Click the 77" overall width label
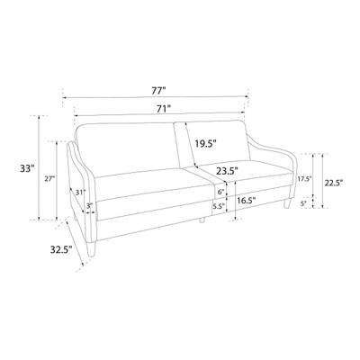[158, 91]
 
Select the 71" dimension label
[164, 109]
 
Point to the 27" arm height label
[49, 179]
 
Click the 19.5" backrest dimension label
[205, 143]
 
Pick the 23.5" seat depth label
[227, 171]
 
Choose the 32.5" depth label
[61, 249]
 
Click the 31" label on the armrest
[80, 193]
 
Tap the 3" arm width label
[89, 206]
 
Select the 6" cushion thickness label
[221, 193]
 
